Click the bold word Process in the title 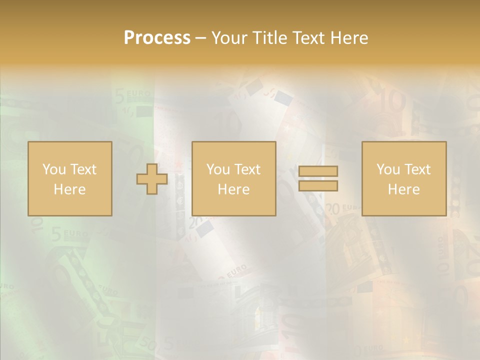tap(157, 38)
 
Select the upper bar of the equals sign tap(318, 171)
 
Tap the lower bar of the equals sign tap(318, 185)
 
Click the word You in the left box tap(54, 169)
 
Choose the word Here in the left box tap(69, 189)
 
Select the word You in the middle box tap(218, 169)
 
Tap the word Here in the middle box tap(233, 189)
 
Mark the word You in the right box tap(388, 169)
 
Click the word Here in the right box tap(403, 189)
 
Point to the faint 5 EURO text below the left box tap(70, 233)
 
